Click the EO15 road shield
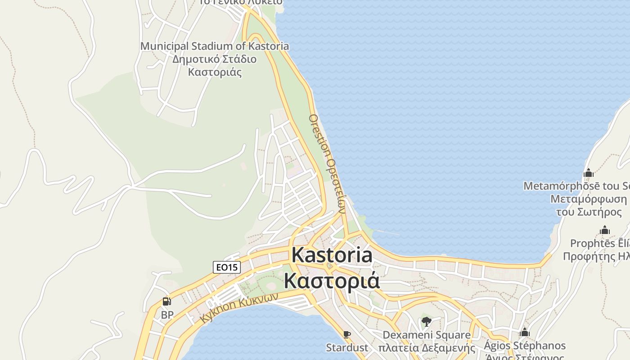pyautogui.click(x=227, y=267)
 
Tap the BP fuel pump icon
pyautogui.click(x=167, y=301)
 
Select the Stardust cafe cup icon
pyautogui.click(x=346, y=334)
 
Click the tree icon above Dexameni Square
pyautogui.click(x=426, y=321)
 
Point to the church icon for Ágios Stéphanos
pyautogui.click(x=524, y=333)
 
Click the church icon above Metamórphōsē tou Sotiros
pyautogui.click(x=589, y=173)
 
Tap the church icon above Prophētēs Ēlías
pyautogui.click(x=605, y=231)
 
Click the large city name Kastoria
pyautogui.click(x=332, y=255)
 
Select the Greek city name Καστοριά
pyautogui.click(x=332, y=280)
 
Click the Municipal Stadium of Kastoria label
pyautogui.click(x=215, y=46)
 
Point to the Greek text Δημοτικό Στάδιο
pyautogui.click(x=215, y=59)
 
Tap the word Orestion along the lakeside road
pyautogui.click(x=319, y=135)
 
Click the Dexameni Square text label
pyautogui.click(x=427, y=335)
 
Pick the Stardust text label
pyautogui.click(x=346, y=347)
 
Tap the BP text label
pyautogui.click(x=167, y=315)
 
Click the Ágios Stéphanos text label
pyautogui.click(x=524, y=346)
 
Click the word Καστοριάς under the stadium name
pyautogui.click(x=215, y=72)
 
